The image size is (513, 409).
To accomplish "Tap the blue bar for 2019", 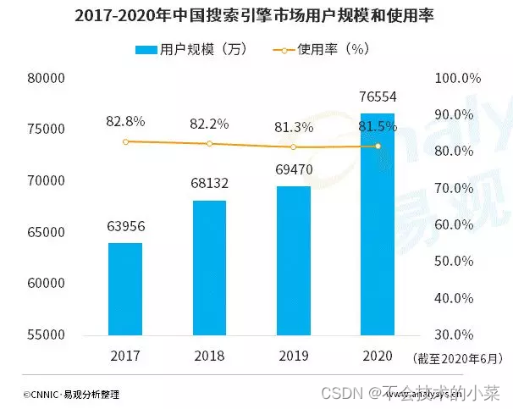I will tap(294, 260).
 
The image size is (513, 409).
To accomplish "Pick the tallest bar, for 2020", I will tap(378, 224).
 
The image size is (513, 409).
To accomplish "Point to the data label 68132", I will tap(210, 183).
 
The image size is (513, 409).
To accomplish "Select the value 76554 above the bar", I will tap(378, 97).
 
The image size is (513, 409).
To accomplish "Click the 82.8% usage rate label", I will tap(125, 122).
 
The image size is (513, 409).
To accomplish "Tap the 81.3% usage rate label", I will tap(294, 128).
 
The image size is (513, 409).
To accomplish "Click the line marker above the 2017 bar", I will tap(125, 141).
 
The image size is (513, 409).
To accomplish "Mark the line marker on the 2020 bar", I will tap(378, 146).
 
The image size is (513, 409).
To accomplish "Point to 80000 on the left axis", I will tap(47, 78).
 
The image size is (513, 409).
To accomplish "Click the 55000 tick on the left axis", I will tap(47, 334).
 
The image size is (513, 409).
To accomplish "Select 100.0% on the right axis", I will tap(459, 78).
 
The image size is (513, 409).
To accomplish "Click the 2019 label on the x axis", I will tap(294, 356).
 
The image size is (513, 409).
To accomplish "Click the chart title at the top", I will tap(256, 15).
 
